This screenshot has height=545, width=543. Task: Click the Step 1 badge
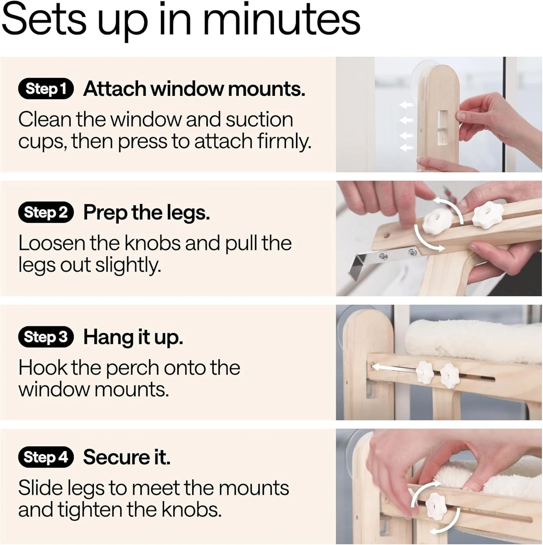coord(46,88)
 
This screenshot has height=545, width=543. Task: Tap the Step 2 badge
coord(46,213)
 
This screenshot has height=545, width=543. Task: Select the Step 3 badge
coord(46,337)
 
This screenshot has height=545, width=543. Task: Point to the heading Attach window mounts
coord(194,89)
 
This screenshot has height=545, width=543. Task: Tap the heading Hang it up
coord(133,337)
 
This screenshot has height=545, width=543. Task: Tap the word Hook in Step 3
coord(43,367)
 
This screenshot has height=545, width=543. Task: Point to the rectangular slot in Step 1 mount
coord(443,126)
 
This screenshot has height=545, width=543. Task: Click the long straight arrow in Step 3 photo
coord(395,368)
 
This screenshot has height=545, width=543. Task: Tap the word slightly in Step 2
coord(127,266)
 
